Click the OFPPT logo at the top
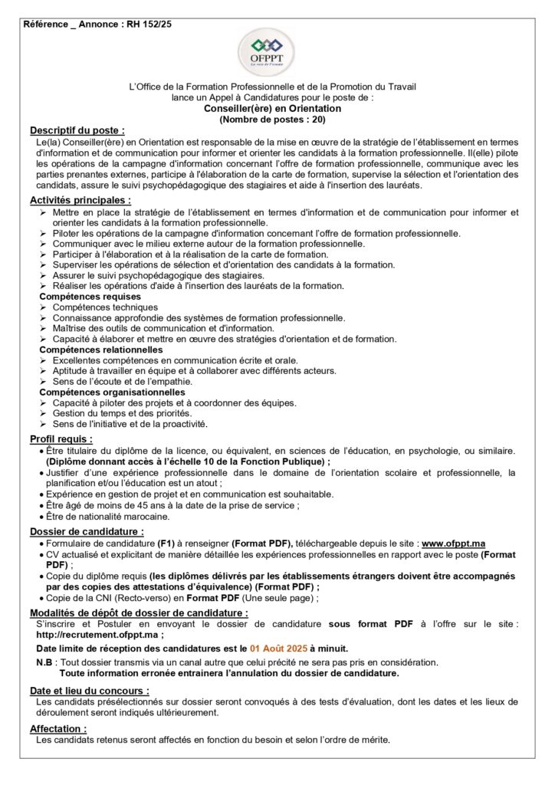(277, 54)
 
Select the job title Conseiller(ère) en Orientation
(277, 109)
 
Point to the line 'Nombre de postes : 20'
(277, 120)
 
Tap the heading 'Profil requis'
(61, 439)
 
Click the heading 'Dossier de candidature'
(87, 531)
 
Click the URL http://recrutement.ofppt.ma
(96, 635)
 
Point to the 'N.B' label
(45, 662)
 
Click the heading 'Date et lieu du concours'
(89, 690)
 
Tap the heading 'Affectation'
(58, 728)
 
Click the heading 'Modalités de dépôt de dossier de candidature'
(139, 613)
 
